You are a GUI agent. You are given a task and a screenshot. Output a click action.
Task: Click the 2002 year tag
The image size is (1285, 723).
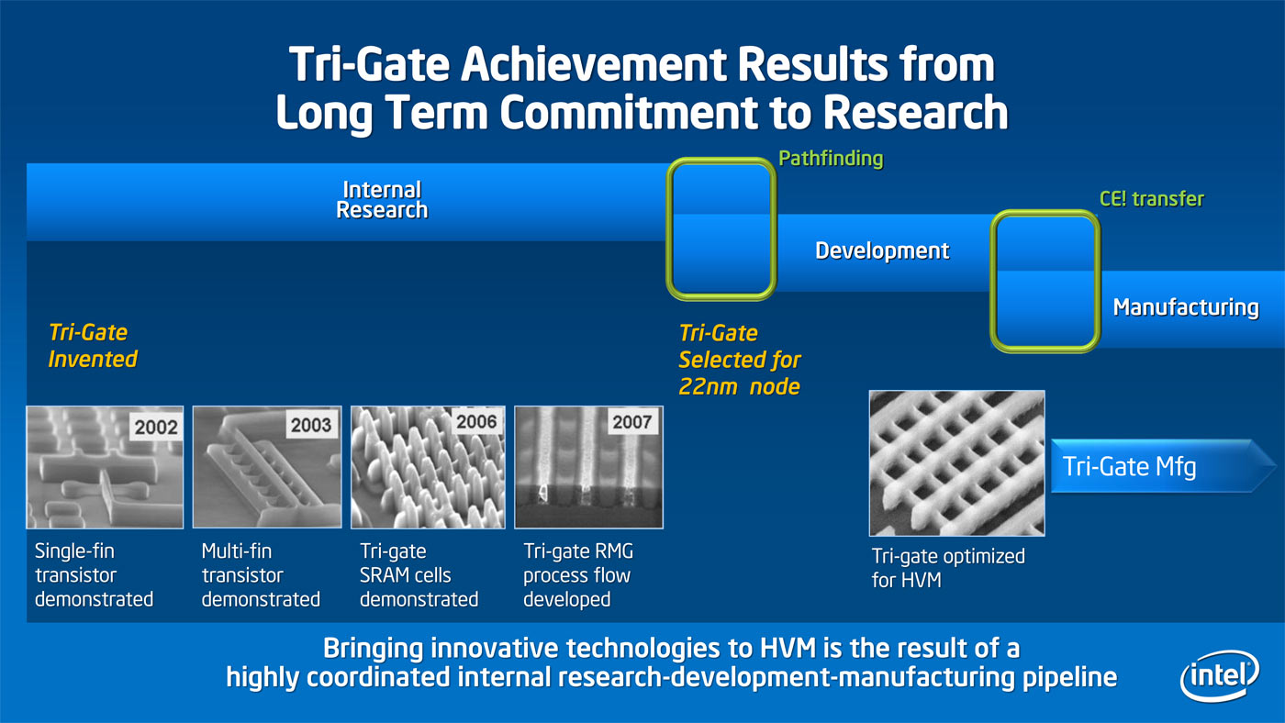(156, 427)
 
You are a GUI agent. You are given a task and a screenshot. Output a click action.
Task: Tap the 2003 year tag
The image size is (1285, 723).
(311, 425)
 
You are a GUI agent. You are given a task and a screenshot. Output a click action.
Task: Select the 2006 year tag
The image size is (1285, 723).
(476, 421)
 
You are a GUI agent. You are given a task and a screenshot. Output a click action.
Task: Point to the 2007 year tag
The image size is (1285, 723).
(631, 421)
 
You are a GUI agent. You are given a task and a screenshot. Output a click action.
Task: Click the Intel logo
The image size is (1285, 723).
(1219, 675)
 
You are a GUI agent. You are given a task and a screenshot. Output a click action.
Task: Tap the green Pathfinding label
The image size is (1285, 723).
(831, 158)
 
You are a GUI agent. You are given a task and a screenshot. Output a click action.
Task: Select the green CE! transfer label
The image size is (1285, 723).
(1151, 199)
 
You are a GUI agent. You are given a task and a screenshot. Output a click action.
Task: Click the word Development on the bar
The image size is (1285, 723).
(882, 250)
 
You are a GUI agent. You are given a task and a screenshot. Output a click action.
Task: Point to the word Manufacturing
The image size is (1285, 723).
(1186, 307)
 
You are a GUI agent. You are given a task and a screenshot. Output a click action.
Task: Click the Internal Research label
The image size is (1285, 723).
(382, 199)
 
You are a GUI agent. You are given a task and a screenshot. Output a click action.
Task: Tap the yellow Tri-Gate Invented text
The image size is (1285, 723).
(93, 346)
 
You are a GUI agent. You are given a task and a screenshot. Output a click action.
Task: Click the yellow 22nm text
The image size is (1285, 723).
(708, 386)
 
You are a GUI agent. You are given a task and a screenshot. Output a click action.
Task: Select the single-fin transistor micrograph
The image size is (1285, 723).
(105, 467)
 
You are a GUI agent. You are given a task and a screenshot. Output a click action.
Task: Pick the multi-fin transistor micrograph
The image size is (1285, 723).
(267, 467)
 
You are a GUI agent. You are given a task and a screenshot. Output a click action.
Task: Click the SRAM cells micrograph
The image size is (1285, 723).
(428, 467)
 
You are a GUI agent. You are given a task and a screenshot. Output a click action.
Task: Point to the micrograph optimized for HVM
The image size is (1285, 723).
(956, 463)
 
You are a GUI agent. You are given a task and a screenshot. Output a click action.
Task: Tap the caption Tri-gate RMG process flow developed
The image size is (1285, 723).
(578, 575)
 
